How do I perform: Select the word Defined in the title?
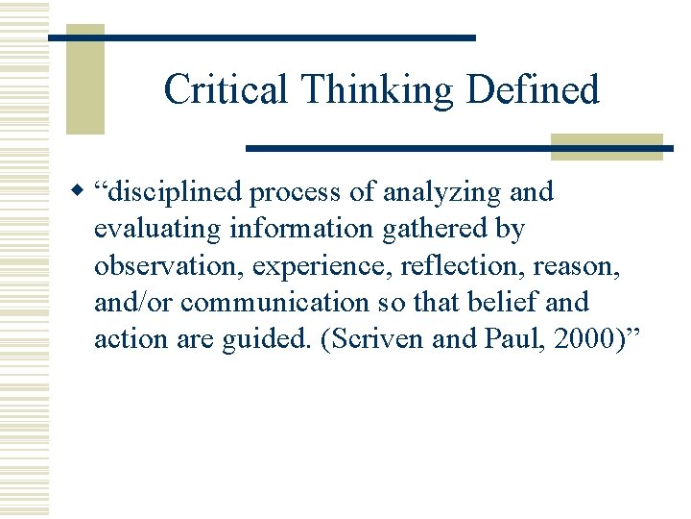(x=534, y=90)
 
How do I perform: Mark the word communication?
(x=273, y=302)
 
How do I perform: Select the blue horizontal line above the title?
(x=261, y=37)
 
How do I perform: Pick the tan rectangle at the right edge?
(x=607, y=147)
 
